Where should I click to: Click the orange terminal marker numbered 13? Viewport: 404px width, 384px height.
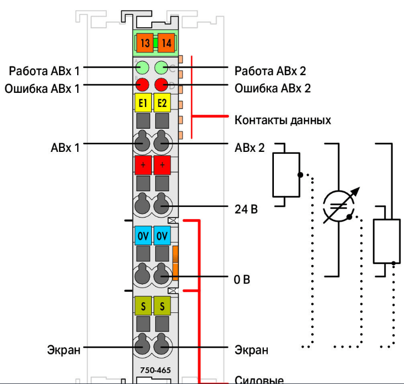(x=145, y=43)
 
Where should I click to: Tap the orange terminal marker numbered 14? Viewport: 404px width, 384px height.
(x=166, y=43)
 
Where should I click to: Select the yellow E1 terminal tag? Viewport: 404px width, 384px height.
(x=143, y=103)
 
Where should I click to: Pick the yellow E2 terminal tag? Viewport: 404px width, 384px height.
(x=162, y=103)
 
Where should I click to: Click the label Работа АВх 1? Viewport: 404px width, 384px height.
(x=44, y=70)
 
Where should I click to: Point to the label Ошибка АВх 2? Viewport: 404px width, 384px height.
(x=272, y=89)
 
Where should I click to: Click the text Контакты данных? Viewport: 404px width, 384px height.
(x=283, y=121)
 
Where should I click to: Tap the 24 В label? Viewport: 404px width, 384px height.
(x=247, y=208)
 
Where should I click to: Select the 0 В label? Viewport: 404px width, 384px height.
(x=242, y=279)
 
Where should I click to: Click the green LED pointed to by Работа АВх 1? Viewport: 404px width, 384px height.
(x=142, y=67)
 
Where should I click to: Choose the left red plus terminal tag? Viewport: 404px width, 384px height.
(x=143, y=165)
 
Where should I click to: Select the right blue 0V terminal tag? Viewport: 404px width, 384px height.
(x=162, y=236)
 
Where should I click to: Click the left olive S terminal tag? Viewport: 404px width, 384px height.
(x=143, y=306)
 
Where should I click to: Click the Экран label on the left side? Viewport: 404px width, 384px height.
(x=64, y=350)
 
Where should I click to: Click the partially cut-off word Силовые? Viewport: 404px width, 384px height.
(x=259, y=379)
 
